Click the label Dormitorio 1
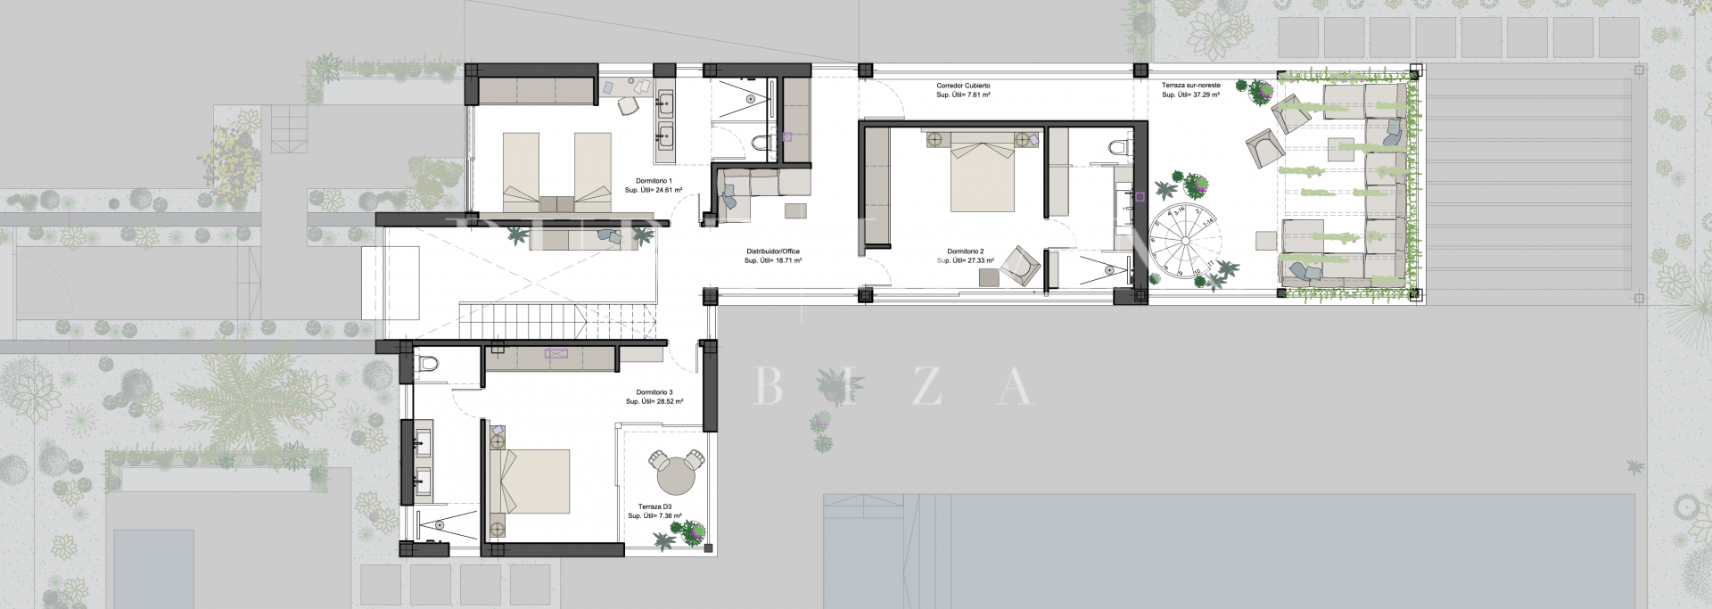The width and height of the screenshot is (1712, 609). [x=654, y=181]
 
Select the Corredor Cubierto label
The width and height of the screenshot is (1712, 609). [x=963, y=86]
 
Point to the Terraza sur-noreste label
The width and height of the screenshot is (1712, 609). [x=1190, y=86]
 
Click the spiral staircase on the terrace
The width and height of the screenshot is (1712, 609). [x=1184, y=239]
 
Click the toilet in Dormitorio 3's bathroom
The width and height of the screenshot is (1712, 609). [x=428, y=364]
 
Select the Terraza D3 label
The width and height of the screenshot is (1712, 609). [x=654, y=506]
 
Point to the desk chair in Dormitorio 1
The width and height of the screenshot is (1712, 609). [x=629, y=106]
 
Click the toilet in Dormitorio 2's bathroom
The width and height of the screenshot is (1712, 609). [x=1120, y=147]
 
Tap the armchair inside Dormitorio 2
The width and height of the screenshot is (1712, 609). [x=1019, y=265]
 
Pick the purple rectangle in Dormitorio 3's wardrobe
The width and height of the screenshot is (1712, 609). [x=556, y=353]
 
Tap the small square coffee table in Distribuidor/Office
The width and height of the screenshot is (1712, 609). [x=795, y=211]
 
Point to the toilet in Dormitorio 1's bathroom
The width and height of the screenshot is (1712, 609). [x=761, y=143]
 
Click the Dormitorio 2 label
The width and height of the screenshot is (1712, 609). [x=965, y=251]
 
